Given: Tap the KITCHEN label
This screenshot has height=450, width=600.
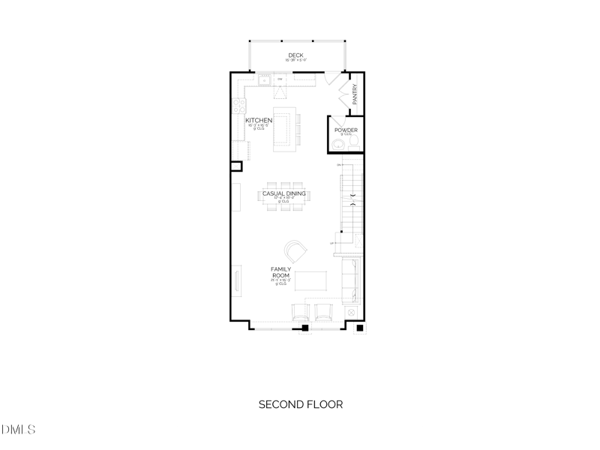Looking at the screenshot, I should [x=259, y=120].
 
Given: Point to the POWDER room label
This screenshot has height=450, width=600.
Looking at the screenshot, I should [x=346, y=130].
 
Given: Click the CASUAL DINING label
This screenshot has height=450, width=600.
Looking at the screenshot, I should [x=283, y=193].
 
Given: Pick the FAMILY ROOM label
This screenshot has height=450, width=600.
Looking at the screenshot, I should [x=281, y=272].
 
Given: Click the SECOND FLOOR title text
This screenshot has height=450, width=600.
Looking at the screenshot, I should [x=300, y=404].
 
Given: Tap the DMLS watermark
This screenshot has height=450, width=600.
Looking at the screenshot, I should [x=19, y=430].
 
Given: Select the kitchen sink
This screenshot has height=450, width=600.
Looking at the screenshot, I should [x=265, y=77].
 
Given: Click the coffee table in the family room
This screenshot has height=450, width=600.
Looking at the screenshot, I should [x=312, y=280].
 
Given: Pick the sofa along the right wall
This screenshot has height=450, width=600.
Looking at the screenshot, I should [x=351, y=279].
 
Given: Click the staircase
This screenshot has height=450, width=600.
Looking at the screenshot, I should [x=352, y=201].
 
